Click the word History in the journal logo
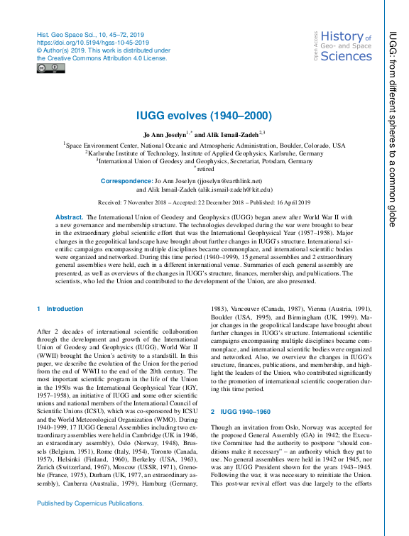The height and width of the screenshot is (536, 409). tap(342, 37)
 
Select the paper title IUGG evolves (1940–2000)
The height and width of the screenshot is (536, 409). tap(204, 116)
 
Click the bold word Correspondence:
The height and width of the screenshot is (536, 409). tap(126, 182)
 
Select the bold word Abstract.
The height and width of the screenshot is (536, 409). tap(69, 216)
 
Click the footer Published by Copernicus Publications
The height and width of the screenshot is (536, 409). tap(89, 503)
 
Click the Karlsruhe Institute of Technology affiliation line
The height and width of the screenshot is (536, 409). tap(204, 153)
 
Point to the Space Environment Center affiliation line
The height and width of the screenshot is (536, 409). tap(204, 145)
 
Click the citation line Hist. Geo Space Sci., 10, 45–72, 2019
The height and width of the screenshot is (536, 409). tap(90, 35)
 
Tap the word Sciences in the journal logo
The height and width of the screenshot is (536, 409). tap(346, 57)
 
